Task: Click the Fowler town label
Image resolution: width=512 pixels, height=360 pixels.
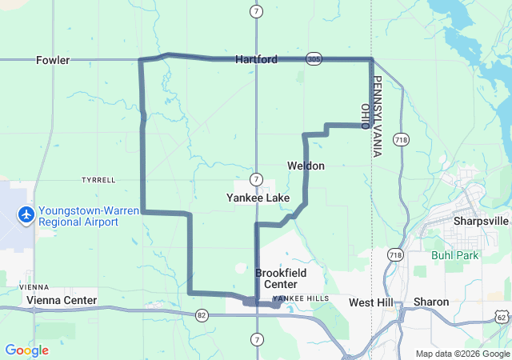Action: [53, 60]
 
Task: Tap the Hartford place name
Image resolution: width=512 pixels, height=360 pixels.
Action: [256, 60]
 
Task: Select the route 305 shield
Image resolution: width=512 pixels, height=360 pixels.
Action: [314, 59]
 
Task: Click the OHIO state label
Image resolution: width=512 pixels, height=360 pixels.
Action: [365, 117]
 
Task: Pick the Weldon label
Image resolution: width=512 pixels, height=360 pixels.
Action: [306, 166]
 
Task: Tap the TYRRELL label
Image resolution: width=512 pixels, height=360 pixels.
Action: [98, 180]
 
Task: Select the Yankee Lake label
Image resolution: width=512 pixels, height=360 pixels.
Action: [258, 198]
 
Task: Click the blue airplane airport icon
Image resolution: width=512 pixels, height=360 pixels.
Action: [26, 214]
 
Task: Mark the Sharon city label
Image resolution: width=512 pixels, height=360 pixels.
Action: [431, 302]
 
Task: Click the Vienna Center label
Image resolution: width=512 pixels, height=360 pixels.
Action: [62, 301]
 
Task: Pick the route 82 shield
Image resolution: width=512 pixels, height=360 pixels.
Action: [201, 316]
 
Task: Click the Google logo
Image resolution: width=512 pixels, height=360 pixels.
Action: [26, 350]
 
